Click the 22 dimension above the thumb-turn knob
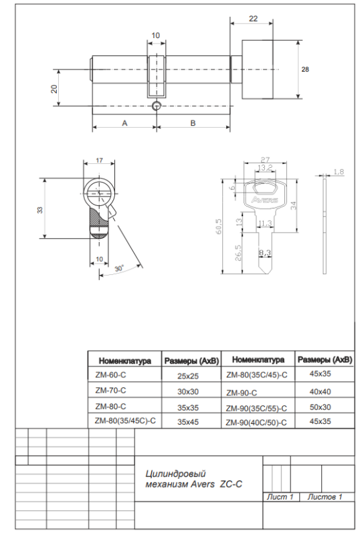point(253,19)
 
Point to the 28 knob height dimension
point(304,70)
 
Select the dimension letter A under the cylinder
point(124,122)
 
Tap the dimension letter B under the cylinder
point(193,122)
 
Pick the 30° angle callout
point(119,268)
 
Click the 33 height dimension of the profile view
point(39,209)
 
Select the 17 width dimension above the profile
point(99,160)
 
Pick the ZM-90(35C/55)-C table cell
point(257,407)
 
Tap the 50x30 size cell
point(324,407)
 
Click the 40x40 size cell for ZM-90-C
point(324,391)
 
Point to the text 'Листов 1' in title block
point(325,497)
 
